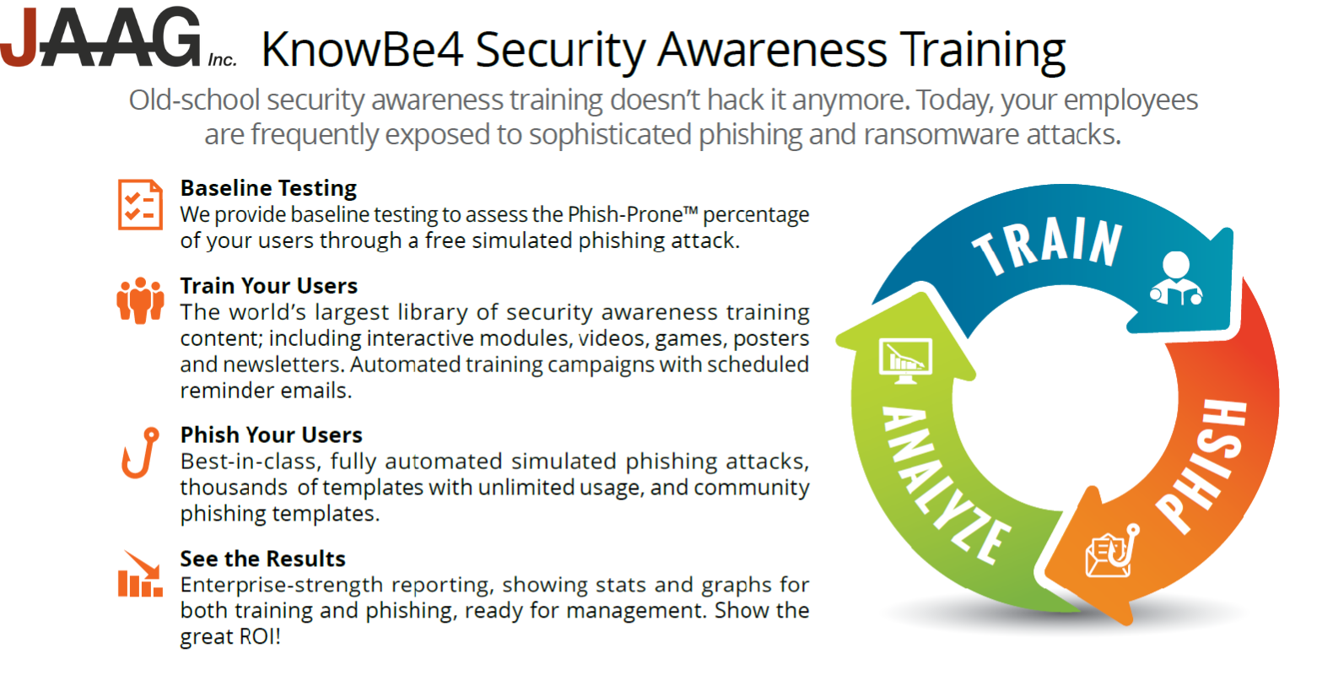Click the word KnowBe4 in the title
pos(362,50)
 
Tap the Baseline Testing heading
pos(268,188)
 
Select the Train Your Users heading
pos(269,286)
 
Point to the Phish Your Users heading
pos(272,435)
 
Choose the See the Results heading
pos(263,559)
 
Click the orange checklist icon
pos(140,204)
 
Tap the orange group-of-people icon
pos(140,300)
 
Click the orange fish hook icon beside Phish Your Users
pos(140,453)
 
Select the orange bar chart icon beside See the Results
pos(140,573)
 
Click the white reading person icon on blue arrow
pos(1176,279)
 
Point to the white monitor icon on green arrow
pos(906,361)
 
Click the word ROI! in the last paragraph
pos(259,636)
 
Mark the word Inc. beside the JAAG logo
pos(222,60)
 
